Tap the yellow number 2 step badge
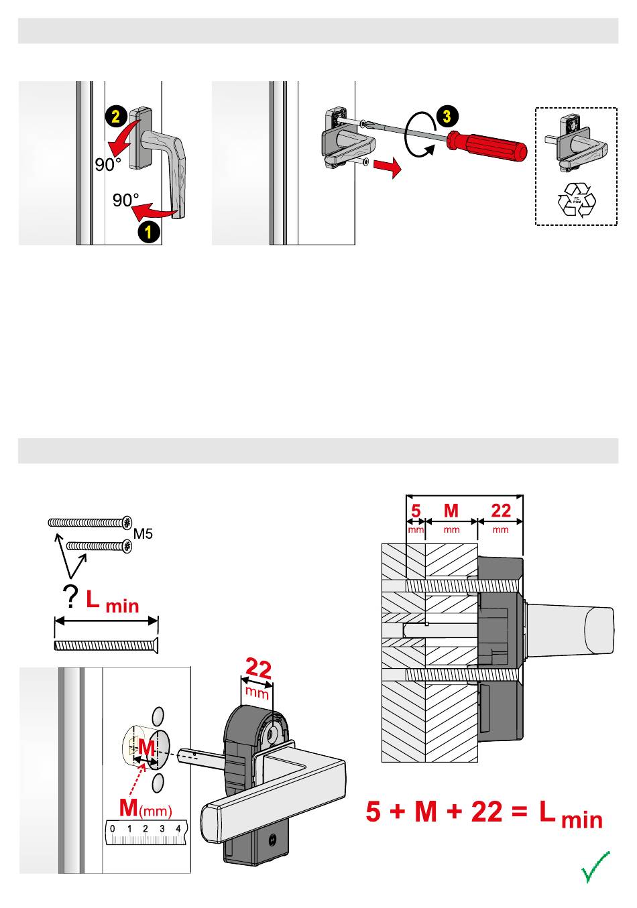click(115, 116)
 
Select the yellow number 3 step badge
click(447, 116)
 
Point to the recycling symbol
click(576, 200)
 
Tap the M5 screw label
click(144, 534)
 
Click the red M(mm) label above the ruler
click(145, 809)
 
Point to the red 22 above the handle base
click(259, 669)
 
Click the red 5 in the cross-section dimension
click(416, 511)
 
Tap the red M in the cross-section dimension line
click(451, 511)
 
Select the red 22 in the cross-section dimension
click(500, 511)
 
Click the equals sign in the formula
click(519, 813)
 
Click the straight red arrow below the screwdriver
click(388, 168)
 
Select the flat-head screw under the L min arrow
click(105, 645)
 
